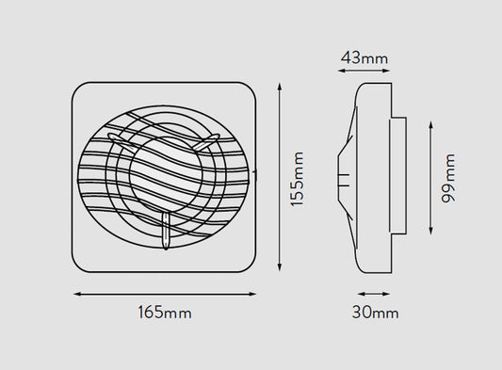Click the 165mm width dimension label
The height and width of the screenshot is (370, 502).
165,312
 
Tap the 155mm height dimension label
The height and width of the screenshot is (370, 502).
297,179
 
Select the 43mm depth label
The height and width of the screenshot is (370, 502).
364,58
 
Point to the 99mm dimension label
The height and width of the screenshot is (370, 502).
448,178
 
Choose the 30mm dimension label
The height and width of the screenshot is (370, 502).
376,312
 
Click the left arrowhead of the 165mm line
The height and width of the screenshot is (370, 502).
77,294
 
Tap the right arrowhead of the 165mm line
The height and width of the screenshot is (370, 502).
252,294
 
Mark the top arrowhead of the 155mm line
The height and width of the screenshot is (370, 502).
280,87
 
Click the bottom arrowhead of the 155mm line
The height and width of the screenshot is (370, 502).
280,267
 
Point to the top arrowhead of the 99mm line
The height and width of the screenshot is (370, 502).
431,125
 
